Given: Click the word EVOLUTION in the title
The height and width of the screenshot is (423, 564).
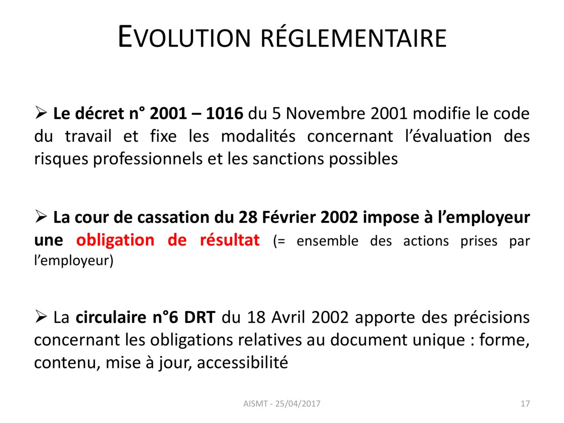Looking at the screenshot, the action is pyautogui.click(x=184, y=37).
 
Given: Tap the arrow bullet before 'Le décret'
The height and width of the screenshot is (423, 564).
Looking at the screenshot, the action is pyautogui.click(x=40, y=112).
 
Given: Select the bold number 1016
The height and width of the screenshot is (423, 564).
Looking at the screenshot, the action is pyautogui.click(x=224, y=113).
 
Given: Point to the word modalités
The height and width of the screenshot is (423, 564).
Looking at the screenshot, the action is pyautogui.click(x=258, y=136).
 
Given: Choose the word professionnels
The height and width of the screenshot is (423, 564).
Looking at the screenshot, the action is pyautogui.click(x=148, y=159).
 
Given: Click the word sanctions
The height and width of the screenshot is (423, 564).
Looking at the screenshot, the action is pyautogui.click(x=288, y=159).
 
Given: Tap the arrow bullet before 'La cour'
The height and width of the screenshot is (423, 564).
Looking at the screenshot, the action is pyautogui.click(x=40, y=216).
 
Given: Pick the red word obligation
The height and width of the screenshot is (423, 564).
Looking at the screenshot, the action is pyautogui.click(x=115, y=241).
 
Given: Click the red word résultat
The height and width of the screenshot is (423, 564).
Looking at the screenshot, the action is pyautogui.click(x=229, y=240).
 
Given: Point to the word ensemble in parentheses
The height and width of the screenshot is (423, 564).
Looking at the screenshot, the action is pyautogui.click(x=327, y=241).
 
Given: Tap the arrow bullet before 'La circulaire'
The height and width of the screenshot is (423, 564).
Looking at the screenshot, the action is pyautogui.click(x=40, y=316).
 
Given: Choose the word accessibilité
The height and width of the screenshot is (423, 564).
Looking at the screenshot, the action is pyautogui.click(x=242, y=363).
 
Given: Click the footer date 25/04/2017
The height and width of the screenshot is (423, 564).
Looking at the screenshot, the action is pyautogui.click(x=298, y=403).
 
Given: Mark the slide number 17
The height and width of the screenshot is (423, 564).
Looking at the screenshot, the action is pyautogui.click(x=525, y=403).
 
